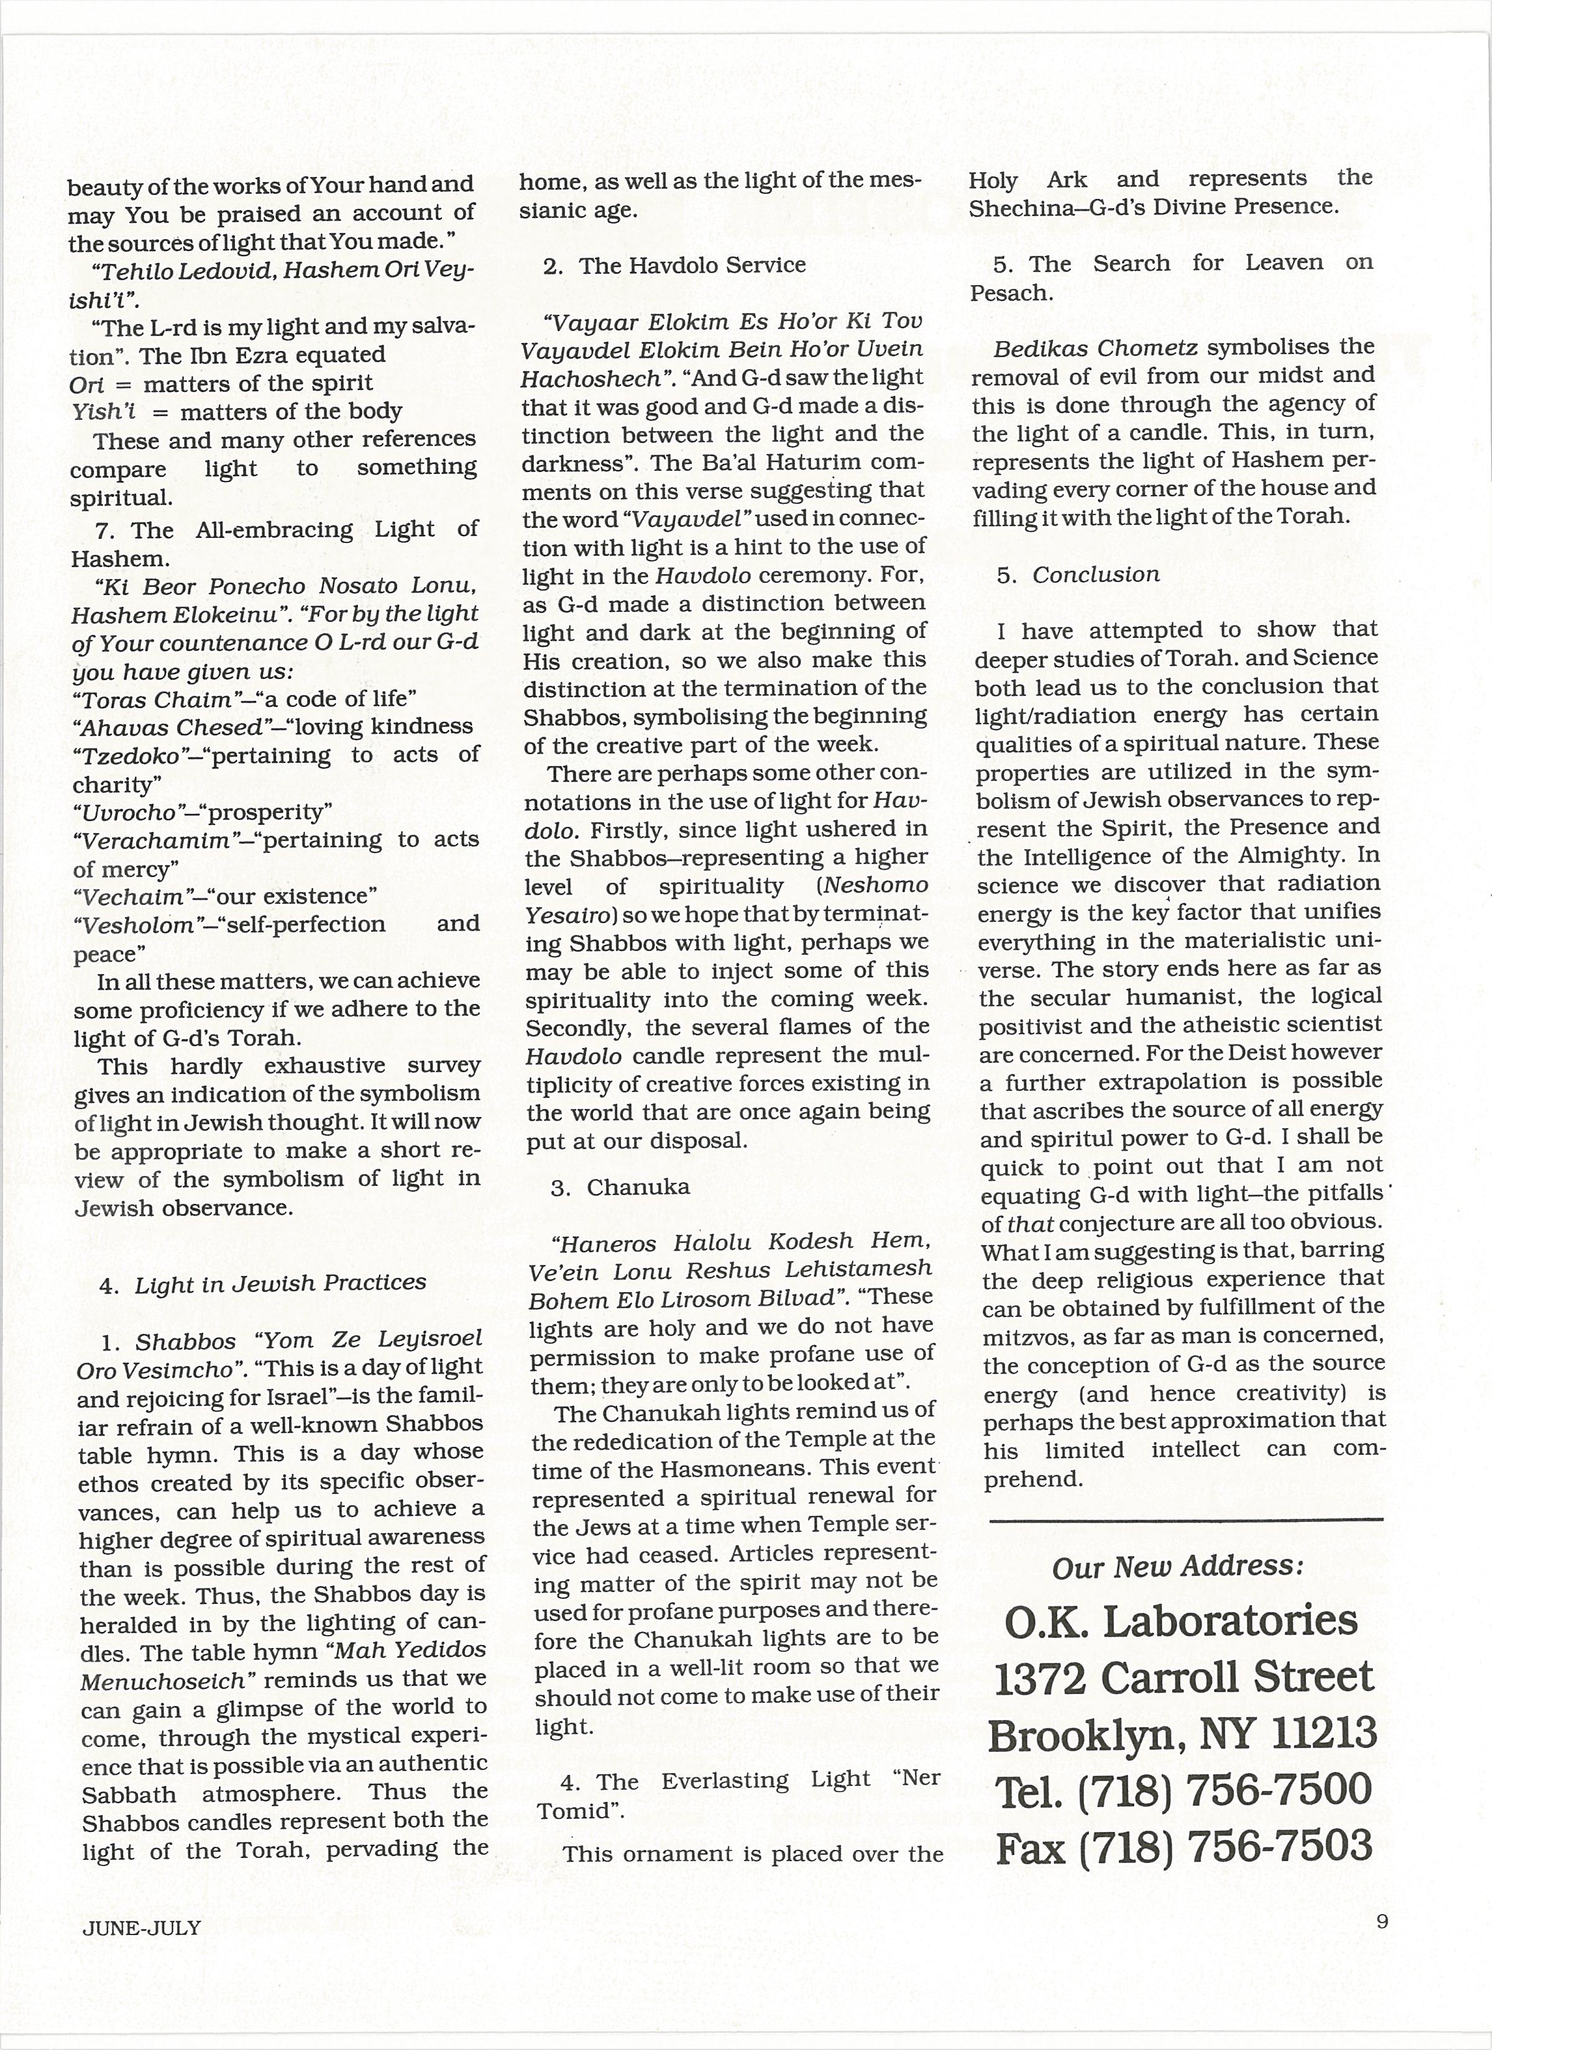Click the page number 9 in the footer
1381,1921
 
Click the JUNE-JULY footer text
141,1928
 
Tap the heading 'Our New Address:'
1177,1567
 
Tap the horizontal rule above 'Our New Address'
1185,1519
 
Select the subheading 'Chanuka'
638,1187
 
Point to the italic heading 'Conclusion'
1096,575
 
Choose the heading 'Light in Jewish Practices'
280,1283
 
